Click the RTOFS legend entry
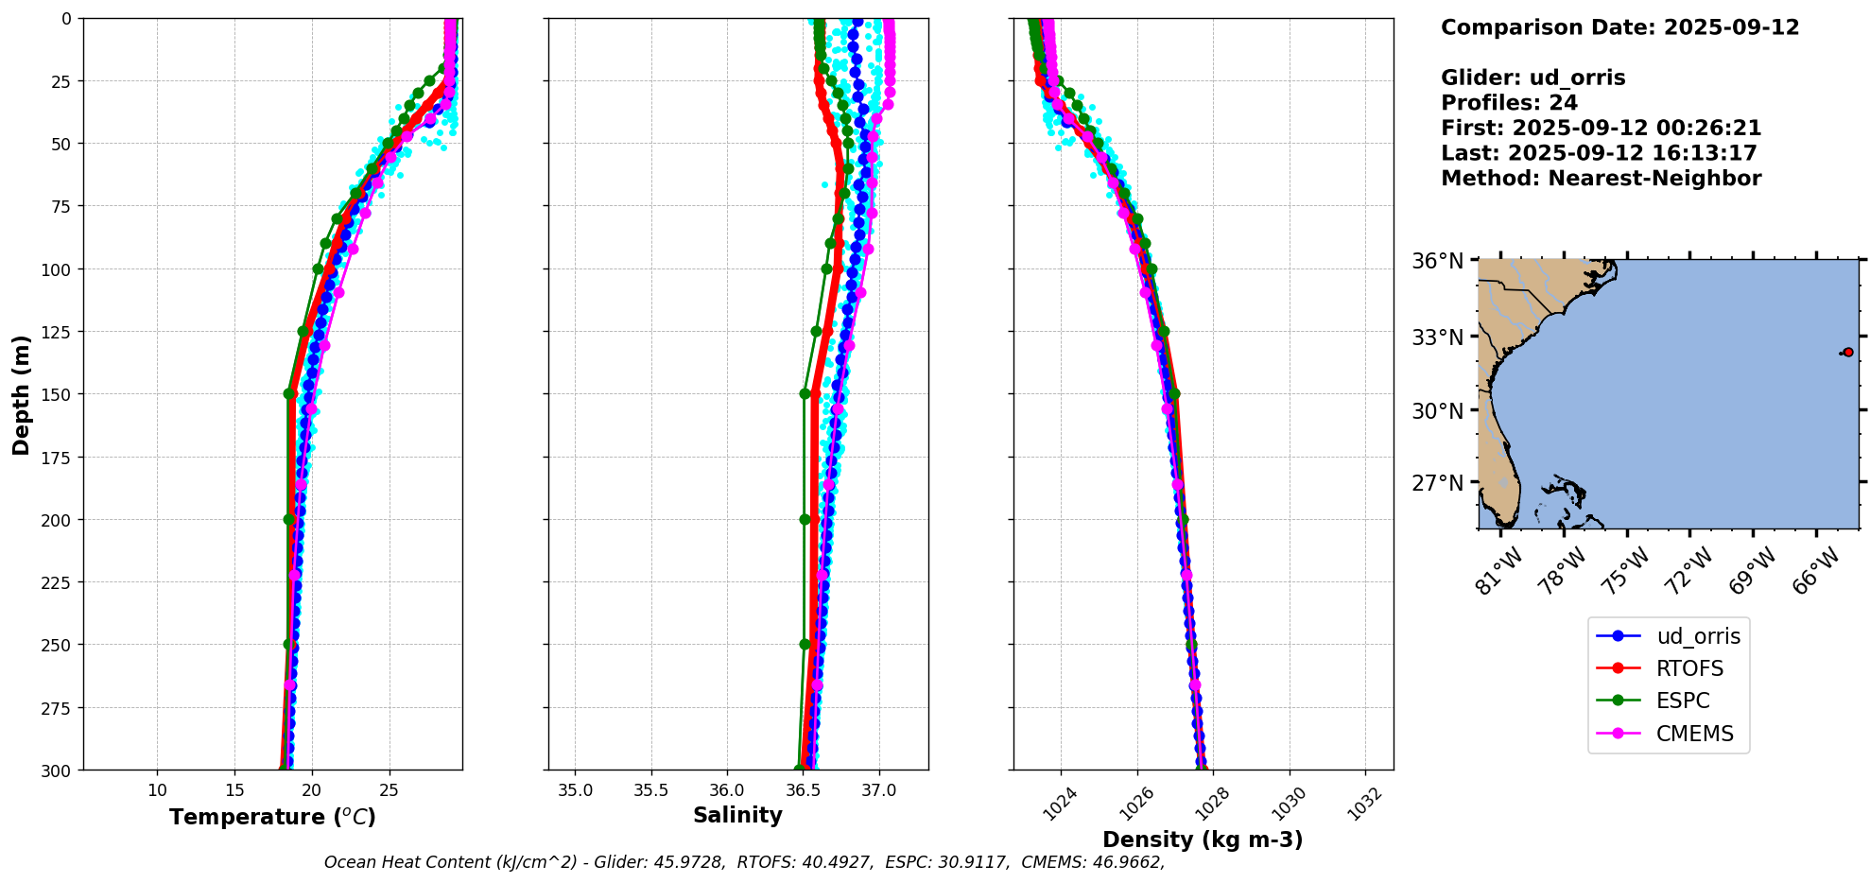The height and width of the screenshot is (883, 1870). tap(1689, 668)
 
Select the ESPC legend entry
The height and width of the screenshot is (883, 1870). tap(1683, 701)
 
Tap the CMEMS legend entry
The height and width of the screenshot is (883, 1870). tap(1694, 734)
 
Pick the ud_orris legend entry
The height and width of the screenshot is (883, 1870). tap(1698, 636)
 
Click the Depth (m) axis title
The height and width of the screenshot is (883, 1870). tap(21, 394)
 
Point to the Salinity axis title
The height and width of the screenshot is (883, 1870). tap(737, 815)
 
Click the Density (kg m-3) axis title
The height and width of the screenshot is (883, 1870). tap(1203, 840)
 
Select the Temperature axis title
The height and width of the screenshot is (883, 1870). tap(272, 817)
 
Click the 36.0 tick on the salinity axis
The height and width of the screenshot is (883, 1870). tap(727, 790)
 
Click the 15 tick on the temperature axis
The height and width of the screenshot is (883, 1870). tap(234, 790)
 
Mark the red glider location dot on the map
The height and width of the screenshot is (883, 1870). tap(1848, 353)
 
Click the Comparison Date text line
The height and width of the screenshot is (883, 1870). tap(1619, 27)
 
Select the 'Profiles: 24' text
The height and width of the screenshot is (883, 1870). tap(1509, 103)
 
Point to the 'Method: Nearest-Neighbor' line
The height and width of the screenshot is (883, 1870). tap(1601, 179)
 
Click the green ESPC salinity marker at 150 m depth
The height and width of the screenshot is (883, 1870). tap(805, 394)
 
